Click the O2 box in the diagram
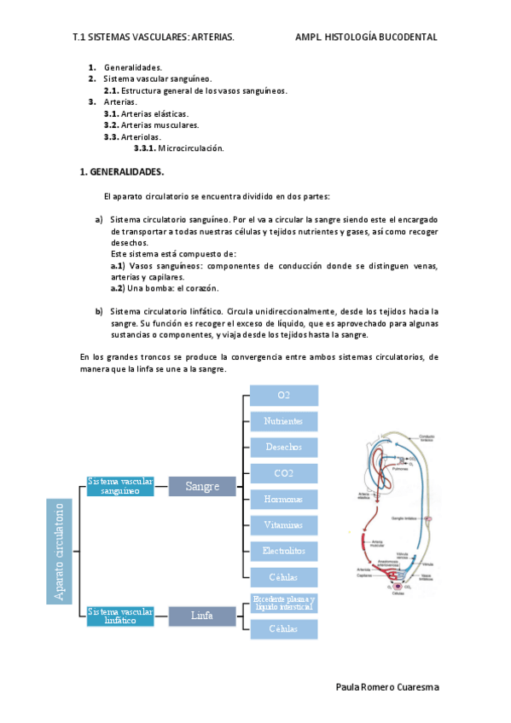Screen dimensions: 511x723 283,396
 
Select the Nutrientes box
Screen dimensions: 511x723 283,421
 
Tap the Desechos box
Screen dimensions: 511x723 283,447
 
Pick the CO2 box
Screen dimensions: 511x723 283,472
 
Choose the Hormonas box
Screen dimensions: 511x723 283,499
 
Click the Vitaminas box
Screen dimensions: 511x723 283,525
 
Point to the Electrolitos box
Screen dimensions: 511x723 283,551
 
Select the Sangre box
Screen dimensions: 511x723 202,486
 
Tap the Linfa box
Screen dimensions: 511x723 202,615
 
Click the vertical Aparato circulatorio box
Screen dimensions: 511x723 60,551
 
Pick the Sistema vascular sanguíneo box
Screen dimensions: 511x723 120,486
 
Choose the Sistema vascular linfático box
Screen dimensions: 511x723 120,616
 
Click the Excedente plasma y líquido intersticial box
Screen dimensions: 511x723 283,604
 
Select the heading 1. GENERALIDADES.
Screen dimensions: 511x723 121,171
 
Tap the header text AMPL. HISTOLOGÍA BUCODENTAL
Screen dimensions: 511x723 366,38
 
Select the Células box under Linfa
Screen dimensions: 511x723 283,629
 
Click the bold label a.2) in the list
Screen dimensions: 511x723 118,288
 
